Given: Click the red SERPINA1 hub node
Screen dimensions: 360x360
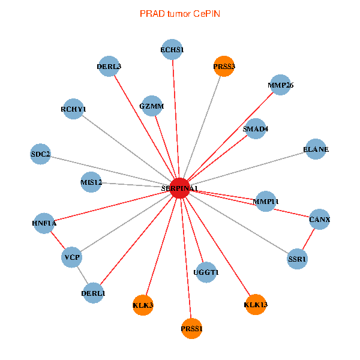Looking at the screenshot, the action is point(180,188).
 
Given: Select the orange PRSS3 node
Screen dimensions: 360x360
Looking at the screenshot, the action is point(224,66).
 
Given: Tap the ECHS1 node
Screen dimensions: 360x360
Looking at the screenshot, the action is point(172,49).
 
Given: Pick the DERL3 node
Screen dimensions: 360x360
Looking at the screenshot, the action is point(109,67).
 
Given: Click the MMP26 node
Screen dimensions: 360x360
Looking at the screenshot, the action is point(280,85).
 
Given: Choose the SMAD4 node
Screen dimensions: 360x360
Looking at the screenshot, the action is point(256,128).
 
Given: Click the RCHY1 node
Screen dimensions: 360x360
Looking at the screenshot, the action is point(73,109).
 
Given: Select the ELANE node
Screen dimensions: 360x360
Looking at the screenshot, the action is point(316,149).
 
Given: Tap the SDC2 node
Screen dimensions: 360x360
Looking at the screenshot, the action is point(41,154).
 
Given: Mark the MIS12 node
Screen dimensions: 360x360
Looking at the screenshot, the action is point(91,182).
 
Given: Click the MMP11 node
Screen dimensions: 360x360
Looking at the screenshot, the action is point(266,200).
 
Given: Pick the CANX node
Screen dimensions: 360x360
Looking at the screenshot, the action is point(319,220).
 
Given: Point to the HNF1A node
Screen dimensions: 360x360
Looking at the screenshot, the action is point(44,223).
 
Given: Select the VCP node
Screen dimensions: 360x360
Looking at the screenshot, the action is point(71,258).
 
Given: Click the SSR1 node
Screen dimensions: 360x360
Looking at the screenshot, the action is point(297,259).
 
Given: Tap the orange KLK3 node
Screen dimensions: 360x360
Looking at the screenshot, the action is point(143,305).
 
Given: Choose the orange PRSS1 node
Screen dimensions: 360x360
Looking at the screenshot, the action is point(191,328).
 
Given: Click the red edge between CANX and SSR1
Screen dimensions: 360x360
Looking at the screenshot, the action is point(308,239).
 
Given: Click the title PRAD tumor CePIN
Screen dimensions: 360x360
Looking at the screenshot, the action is point(180,13).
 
